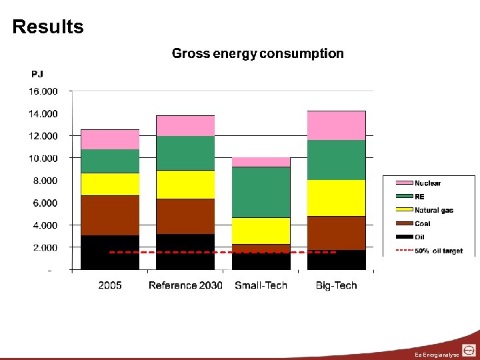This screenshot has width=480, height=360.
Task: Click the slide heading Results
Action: click(x=48, y=27)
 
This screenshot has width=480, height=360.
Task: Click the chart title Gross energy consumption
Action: click(x=257, y=53)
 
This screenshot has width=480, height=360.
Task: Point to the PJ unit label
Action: click(x=37, y=74)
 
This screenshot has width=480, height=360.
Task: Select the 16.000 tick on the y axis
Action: click(x=43, y=91)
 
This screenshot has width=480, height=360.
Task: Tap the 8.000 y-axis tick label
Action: click(x=43, y=181)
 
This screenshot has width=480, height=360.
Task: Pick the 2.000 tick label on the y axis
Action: click(x=43, y=247)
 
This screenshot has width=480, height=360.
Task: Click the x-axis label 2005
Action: click(x=110, y=285)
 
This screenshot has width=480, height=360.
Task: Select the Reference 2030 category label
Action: click(x=185, y=285)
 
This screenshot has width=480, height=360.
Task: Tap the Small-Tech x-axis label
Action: click(x=261, y=285)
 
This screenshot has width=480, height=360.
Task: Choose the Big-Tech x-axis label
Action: click(x=336, y=285)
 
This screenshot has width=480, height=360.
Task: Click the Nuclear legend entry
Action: click(x=427, y=183)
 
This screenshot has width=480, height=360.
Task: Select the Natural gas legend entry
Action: click(x=433, y=210)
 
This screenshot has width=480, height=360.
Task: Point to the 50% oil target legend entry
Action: click(x=438, y=251)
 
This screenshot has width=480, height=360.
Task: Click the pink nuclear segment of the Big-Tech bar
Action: click(x=336, y=125)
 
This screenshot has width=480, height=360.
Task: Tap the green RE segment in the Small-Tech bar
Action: click(x=261, y=192)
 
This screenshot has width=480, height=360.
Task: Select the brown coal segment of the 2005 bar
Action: click(x=110, y=215)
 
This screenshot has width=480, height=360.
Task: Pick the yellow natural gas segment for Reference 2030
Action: click(x=185, y=185)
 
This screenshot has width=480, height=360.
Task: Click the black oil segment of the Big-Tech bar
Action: click(x=336, y=260)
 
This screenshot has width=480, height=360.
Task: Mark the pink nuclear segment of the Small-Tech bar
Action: click(x=261, y=162)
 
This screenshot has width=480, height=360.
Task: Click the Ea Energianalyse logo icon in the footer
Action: click(x=469, y=350)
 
